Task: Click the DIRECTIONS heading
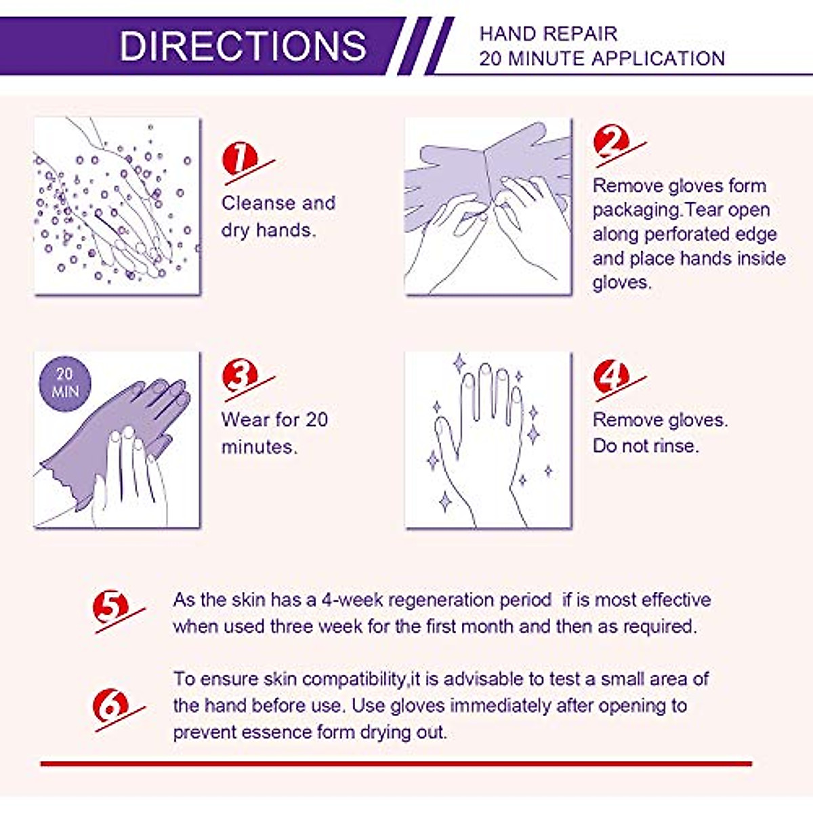243,45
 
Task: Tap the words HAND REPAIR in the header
548,34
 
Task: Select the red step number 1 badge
241,160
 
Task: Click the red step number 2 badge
612,143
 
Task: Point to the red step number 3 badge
241,375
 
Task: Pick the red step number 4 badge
612,375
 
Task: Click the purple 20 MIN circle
65,383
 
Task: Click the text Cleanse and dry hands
278,216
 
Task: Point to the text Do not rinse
645,446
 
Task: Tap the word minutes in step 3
259,446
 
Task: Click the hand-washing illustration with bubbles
117,206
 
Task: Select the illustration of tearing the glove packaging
488,206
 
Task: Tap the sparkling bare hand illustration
488,440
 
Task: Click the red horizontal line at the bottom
396,764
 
